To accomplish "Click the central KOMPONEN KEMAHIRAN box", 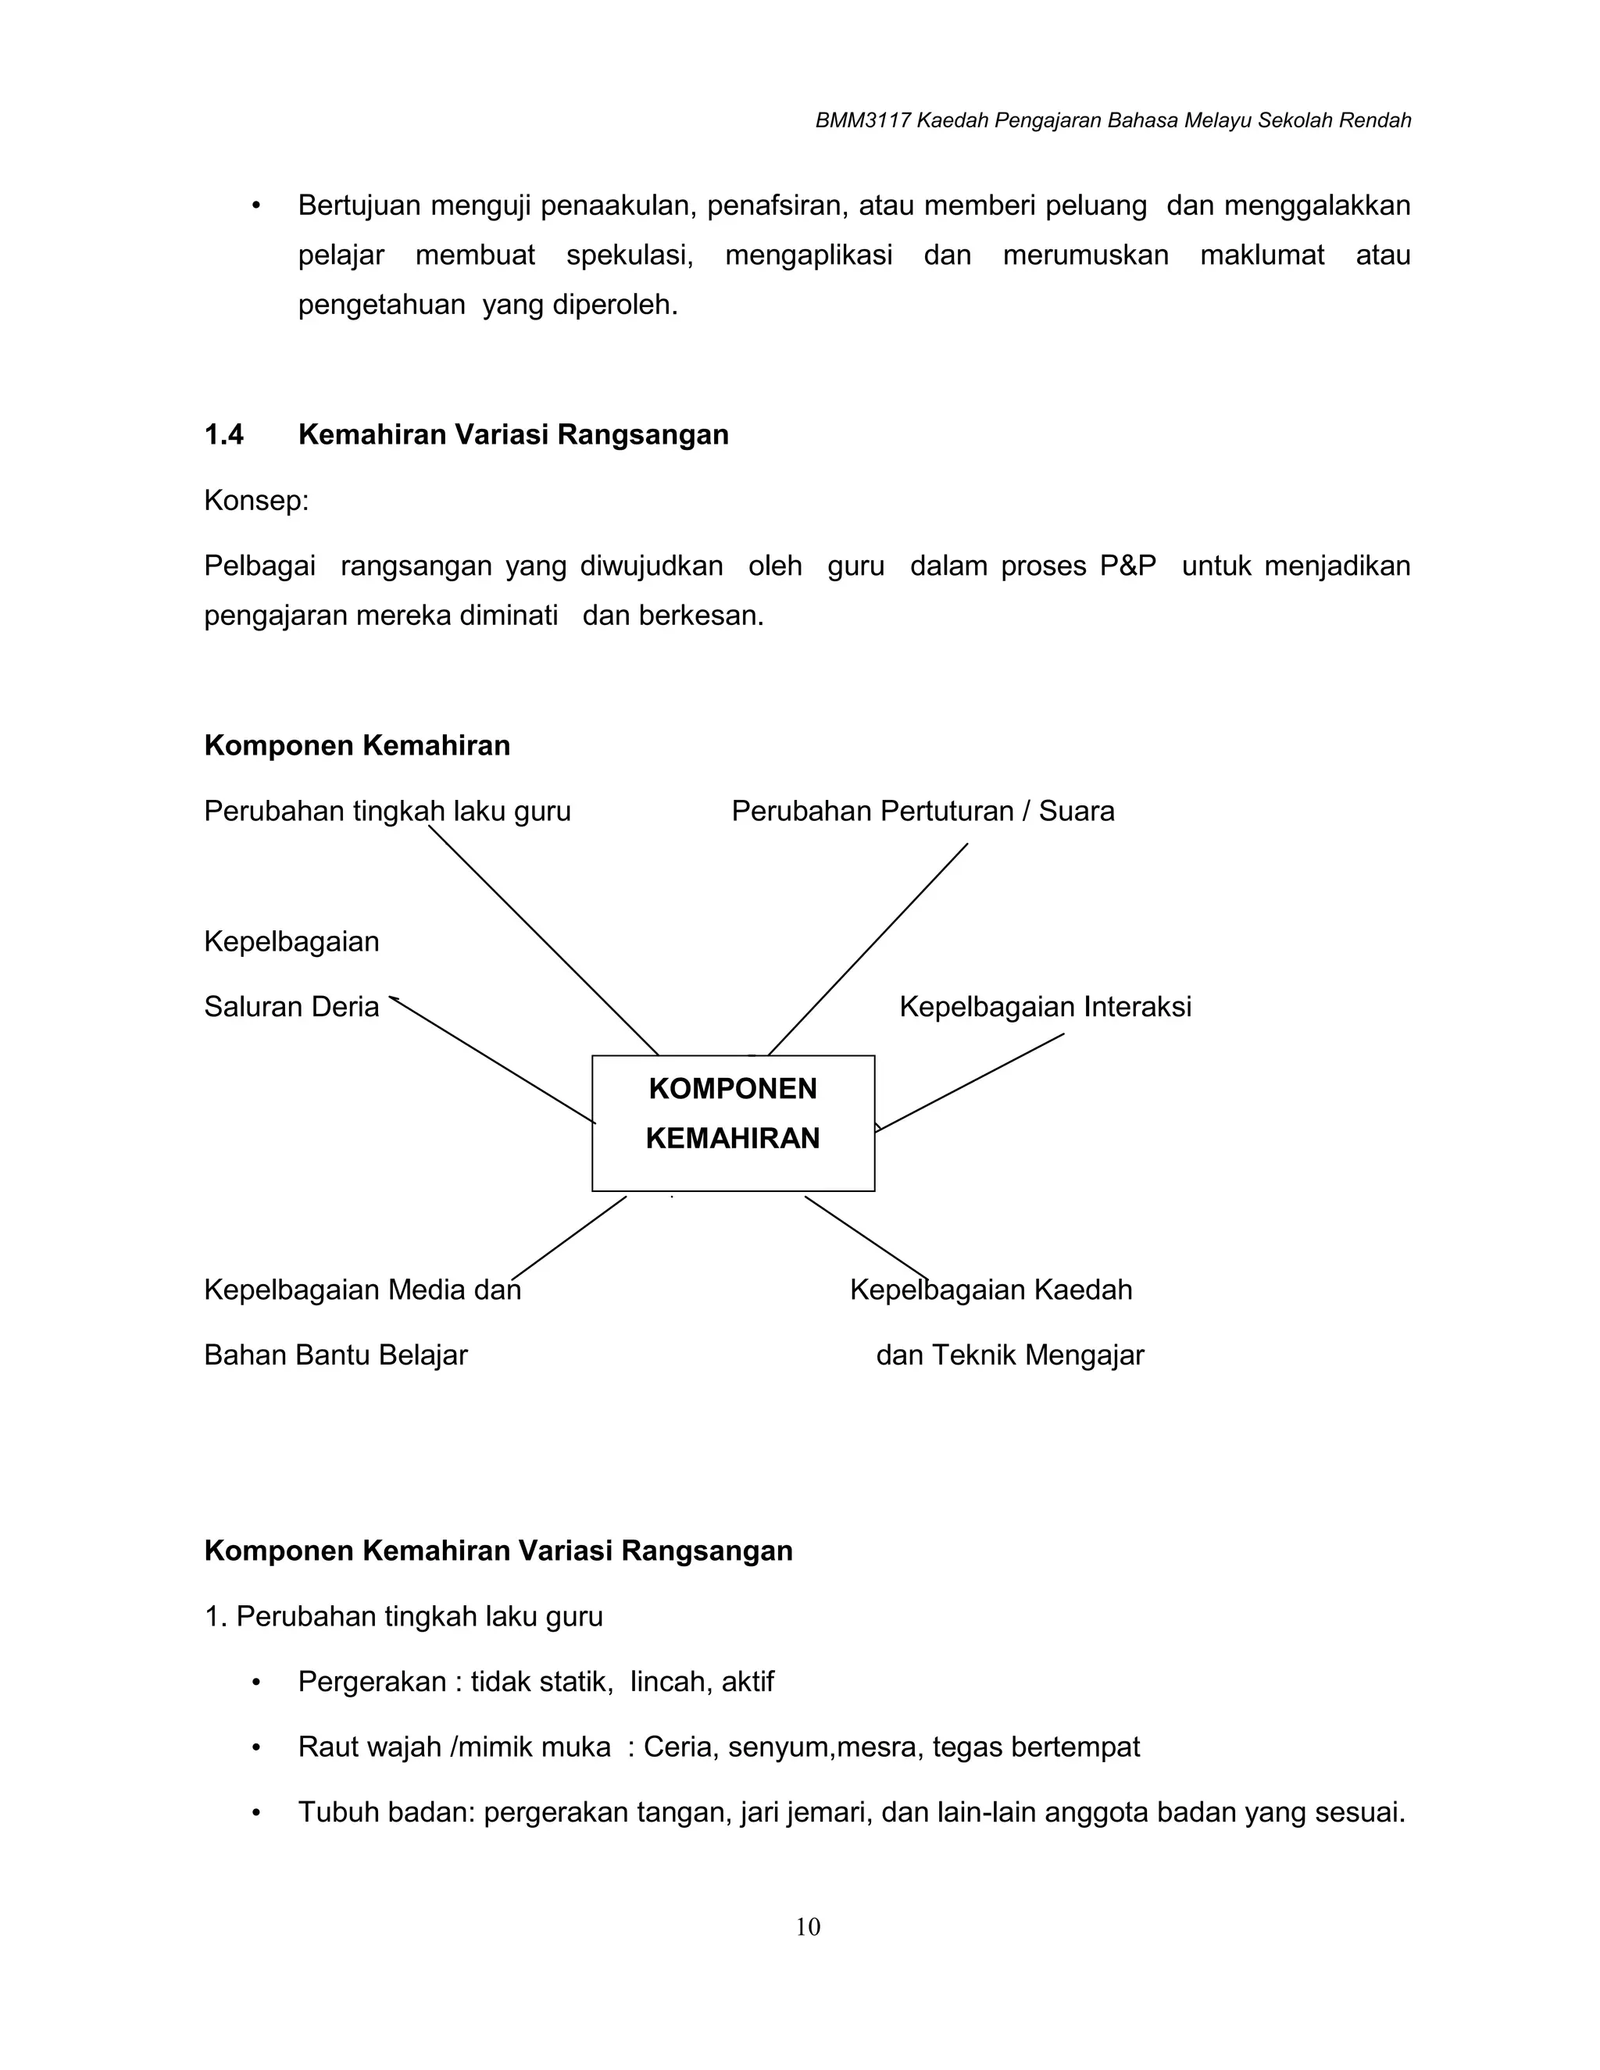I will [x=733, y=1122].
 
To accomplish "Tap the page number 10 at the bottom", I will [x=808, y=1927].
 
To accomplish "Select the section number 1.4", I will [x=223, y=434].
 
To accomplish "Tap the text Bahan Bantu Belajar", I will [x=335, y=1354].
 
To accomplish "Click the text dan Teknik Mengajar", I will [x=1009, y=1354].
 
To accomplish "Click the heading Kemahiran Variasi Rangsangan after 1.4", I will [x=512, y=434].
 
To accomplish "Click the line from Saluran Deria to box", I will [x=493, y=1061].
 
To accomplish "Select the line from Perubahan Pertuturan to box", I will [x=867, y=949].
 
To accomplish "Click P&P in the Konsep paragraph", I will [x=1127, y=566].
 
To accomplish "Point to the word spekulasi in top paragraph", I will [x=630, y=255].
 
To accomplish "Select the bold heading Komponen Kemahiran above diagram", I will [x=356, y=745].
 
